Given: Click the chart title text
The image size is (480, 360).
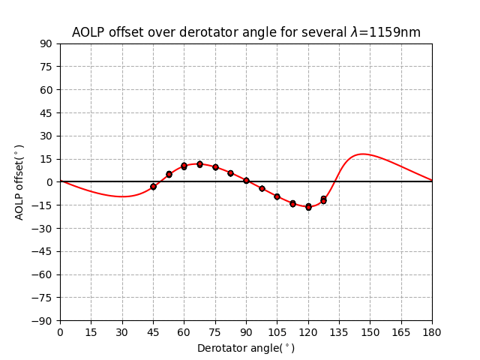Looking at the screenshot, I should click(x=246, y=32).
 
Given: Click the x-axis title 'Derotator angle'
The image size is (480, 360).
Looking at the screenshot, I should click(x=246, y=348).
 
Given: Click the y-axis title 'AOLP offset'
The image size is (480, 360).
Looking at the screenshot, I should click(x=20, y=181).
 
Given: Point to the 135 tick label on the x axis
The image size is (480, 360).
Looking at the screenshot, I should click(x=339, y=331).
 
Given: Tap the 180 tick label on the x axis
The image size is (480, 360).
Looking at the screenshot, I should click(x=432, y=331).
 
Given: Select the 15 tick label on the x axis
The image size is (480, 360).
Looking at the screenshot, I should click(x=91, y=331).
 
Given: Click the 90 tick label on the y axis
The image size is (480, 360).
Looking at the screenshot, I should click(x=46, y=43).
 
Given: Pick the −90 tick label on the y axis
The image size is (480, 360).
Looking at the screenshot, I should click(x=43, y=320).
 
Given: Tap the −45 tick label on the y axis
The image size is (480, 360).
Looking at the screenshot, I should click(x=43, y=251).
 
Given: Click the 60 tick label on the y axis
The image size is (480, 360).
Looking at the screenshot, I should click(x=46, y=90).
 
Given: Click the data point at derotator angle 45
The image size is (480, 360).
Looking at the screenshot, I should click(x=153, y=187).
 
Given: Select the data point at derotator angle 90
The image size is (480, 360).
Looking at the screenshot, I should click(x=246, y=181).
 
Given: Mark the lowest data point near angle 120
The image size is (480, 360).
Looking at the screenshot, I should click(x=308, y=207).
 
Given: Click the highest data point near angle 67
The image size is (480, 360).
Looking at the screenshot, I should click(x=199, y=164).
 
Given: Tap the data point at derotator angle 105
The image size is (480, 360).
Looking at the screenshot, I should click(x=277, y=196).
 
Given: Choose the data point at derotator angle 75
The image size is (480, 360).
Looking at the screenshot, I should click(x=215, y=167).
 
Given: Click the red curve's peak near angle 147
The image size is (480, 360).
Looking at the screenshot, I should click(x=363, y=154).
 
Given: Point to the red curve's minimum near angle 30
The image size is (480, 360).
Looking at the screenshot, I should click(x=122, y=196).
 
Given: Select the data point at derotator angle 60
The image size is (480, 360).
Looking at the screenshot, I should click(x=184, y=166).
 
